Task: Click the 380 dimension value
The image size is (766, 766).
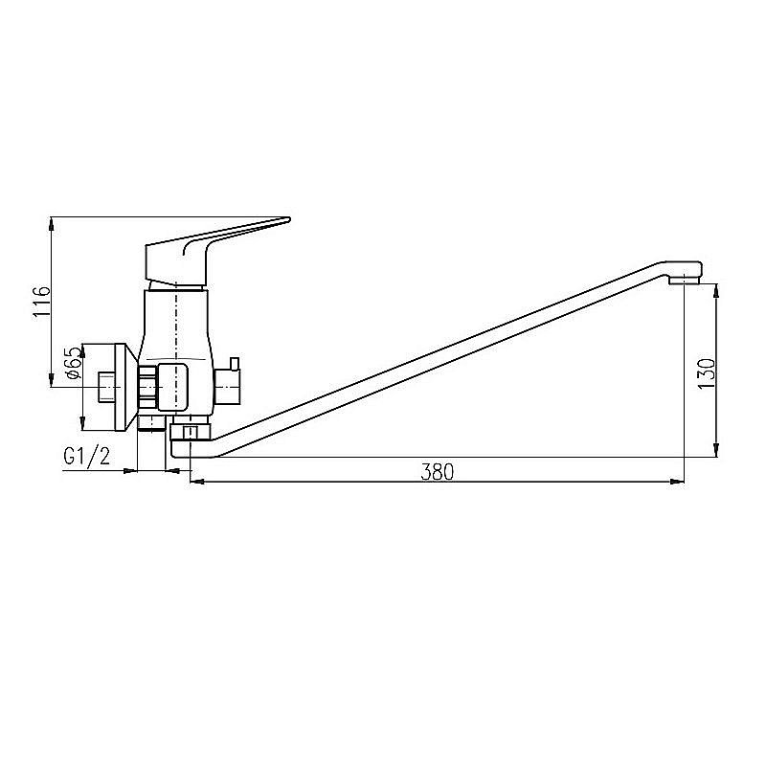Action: coord(437,472)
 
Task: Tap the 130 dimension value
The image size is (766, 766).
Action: coord(707,373)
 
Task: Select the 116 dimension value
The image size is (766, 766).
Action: coord(41,302)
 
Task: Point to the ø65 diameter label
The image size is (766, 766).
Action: coord(73,363)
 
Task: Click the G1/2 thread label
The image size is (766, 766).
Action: coord(87,457)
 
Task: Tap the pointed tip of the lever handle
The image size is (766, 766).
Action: coord(289,219)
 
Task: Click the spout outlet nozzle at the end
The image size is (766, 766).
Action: coord(684,280)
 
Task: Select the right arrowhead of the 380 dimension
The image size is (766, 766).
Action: coord(677,482)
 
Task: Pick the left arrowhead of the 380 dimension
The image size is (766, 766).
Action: coord(197,482)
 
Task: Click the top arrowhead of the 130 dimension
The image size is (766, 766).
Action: coord(716,291)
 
